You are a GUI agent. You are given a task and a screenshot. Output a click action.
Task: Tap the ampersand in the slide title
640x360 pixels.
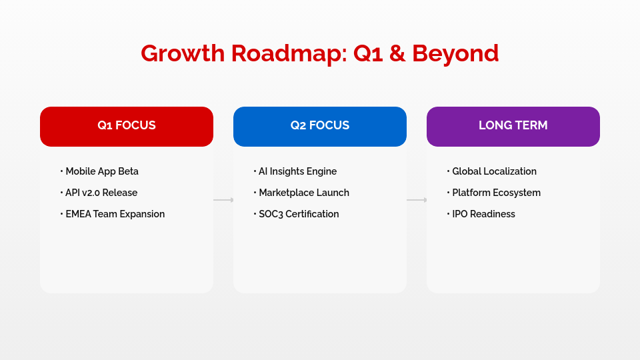pos(397,53)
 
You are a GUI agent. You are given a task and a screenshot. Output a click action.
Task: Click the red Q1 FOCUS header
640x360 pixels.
pos(127,126)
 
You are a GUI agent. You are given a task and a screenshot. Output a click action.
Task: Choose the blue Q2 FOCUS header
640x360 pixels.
pos(320,126)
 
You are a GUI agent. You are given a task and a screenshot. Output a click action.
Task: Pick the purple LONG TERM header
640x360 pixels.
pos(513,126)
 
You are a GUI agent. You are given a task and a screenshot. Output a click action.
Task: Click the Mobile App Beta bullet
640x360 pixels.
pos(101,171)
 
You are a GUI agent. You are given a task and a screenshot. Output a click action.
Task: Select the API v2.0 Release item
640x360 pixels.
pos(101,193)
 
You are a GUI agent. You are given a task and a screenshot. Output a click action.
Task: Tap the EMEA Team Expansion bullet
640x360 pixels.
pos(115,214)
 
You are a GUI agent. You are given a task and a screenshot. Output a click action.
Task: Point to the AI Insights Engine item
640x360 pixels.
pos(297,171)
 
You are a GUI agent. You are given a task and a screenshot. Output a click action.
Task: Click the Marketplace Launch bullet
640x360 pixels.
pos(303,193)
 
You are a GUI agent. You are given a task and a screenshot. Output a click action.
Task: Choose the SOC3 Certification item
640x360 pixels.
pos(299,214)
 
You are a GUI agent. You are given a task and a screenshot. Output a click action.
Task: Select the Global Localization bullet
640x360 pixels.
pos(494,171)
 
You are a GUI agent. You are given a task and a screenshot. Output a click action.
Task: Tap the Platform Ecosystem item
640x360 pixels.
pos(496,193)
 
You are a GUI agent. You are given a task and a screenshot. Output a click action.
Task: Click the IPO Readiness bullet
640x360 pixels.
pos(483,214)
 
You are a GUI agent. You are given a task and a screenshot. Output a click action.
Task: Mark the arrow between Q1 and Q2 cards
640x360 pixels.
pos(223,200)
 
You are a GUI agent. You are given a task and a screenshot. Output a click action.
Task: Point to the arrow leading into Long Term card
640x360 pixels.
pos(417,200)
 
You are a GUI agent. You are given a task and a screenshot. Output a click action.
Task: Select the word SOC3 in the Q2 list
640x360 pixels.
pos(271,214)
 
